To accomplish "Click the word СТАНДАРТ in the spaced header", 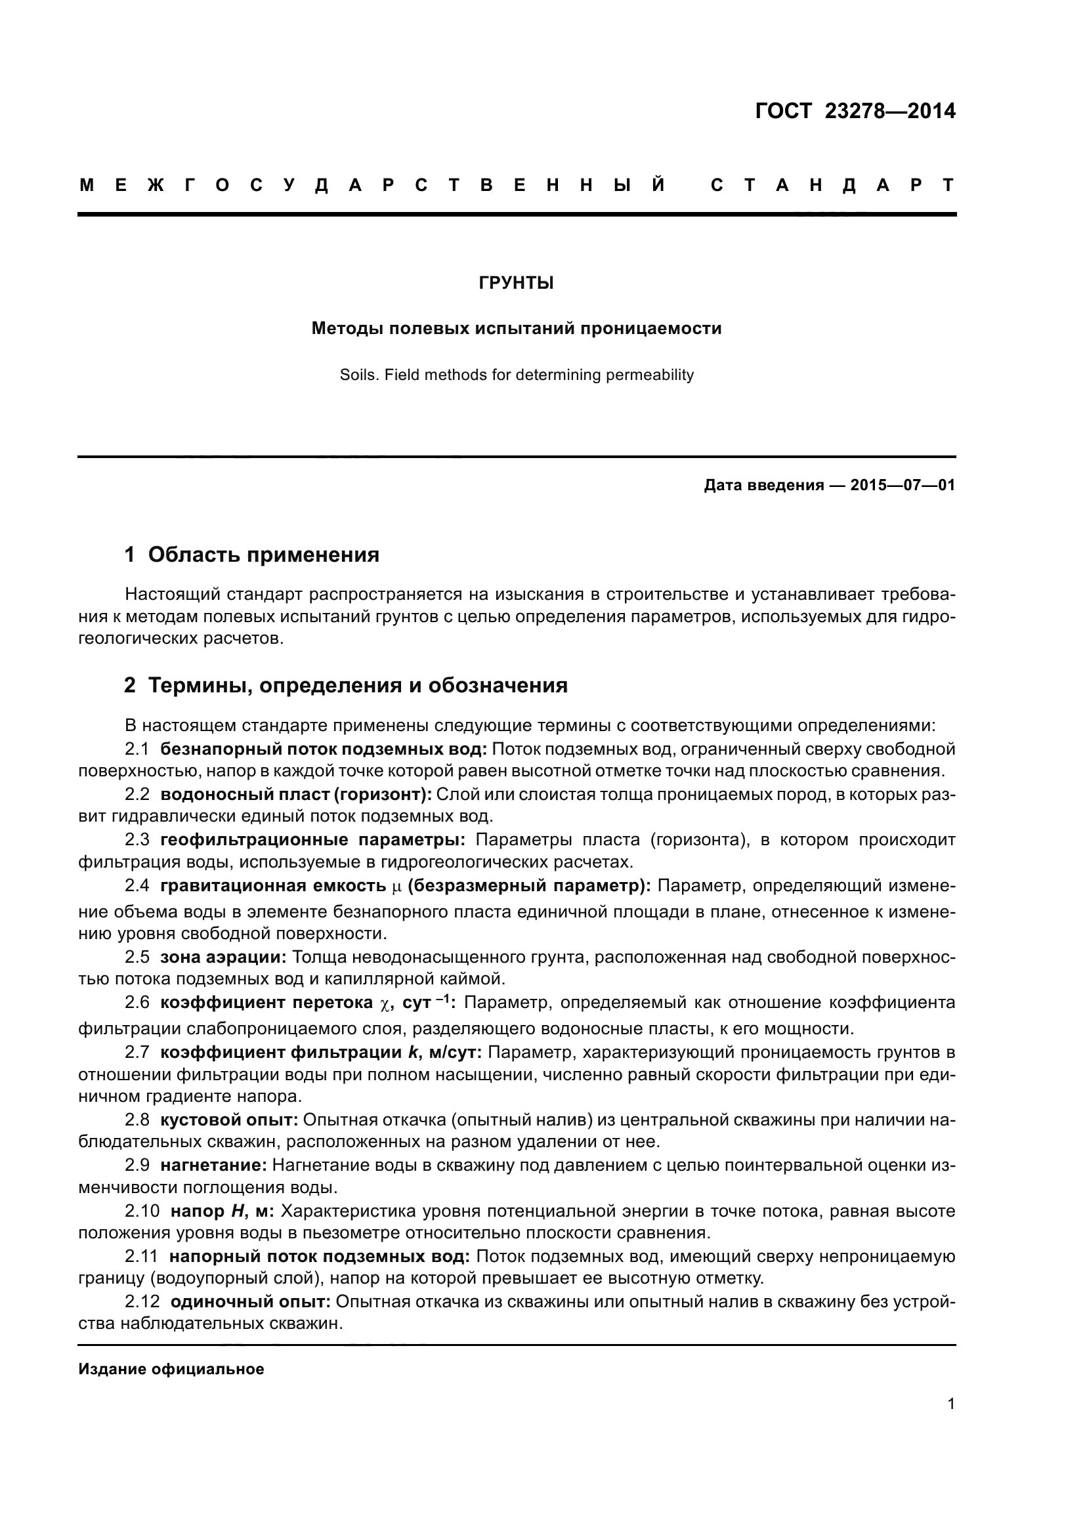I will point(832,185).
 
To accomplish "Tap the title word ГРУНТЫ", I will point(516,284).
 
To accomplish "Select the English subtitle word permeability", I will point(650,375).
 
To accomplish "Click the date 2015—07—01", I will point(903,486).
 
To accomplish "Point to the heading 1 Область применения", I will point(252,555).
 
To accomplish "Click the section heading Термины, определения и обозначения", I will point(358,685).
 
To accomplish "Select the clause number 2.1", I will point(137,749).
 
